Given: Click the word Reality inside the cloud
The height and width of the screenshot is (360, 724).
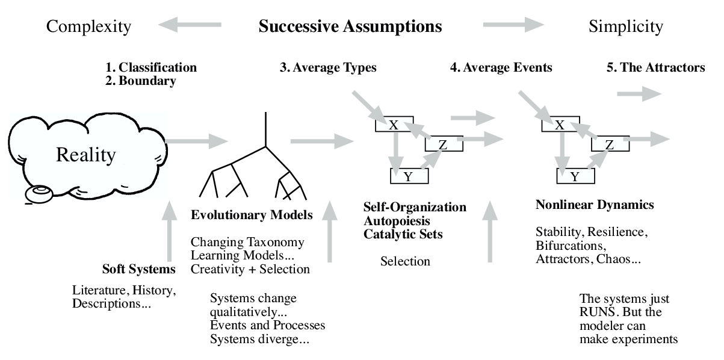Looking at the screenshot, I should (85, 155).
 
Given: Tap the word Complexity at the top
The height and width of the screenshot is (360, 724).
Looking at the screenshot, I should (88, 26).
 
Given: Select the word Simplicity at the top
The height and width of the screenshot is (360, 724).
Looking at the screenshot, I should (626, 26).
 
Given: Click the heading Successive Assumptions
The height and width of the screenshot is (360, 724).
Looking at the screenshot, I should (350, 26).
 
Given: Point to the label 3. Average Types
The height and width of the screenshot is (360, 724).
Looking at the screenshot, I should (328, 67).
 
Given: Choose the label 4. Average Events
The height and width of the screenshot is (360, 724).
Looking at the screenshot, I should (501, 67).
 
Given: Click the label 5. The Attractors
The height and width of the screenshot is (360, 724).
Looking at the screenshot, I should (655, 67).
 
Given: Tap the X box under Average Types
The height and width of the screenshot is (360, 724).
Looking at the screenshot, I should (394, 125).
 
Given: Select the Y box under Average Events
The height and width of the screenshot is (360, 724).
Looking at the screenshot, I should (575, 176).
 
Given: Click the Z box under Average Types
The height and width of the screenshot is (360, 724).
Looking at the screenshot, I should (443, 144).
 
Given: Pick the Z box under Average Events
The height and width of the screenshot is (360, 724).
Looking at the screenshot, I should (609, 144).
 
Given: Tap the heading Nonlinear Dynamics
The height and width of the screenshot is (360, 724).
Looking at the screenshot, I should (594, 205).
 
